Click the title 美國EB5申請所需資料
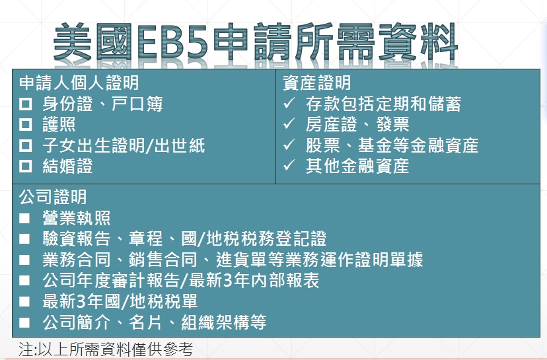tap(256, 42)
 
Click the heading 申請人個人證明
tap(79, 83)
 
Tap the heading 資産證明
tap(316, 83)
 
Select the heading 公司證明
tap(53, 197)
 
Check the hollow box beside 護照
tap(26, 125)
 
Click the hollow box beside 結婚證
tap(26, 166)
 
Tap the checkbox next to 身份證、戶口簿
tap(26, 104)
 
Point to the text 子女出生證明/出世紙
tap(124, 145)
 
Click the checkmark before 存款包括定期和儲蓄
tap(289, 103)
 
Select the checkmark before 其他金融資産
tap(289, 165)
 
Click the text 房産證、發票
tap(357, 125)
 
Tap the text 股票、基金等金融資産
tap(392, 145)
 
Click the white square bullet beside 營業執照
tap(24, 219)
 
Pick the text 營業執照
tap(77, 219)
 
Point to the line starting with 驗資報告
tap(184, 239)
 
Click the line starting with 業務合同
tap(233, 260)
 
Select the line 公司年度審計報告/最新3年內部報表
tap(181, 281)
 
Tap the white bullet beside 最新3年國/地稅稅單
tap(24, 301)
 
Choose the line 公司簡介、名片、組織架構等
tap(155, 322)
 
